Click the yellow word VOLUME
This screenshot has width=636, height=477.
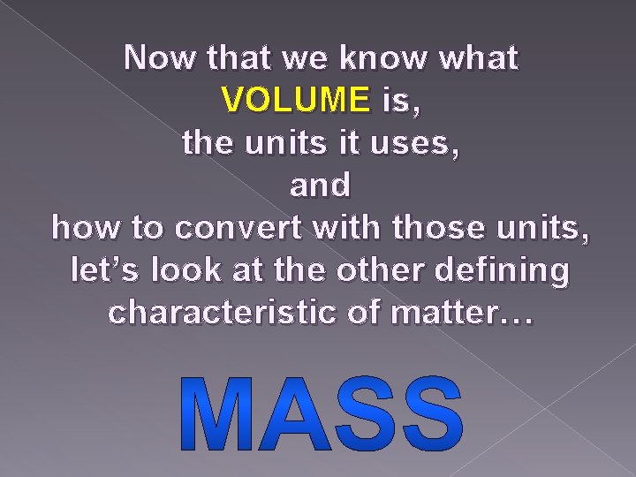[x=297, y=101]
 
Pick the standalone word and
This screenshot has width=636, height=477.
[x=320, y=185]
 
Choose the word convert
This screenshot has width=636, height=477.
[x=256, y=228]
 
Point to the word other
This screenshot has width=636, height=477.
[x=389, y=270]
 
